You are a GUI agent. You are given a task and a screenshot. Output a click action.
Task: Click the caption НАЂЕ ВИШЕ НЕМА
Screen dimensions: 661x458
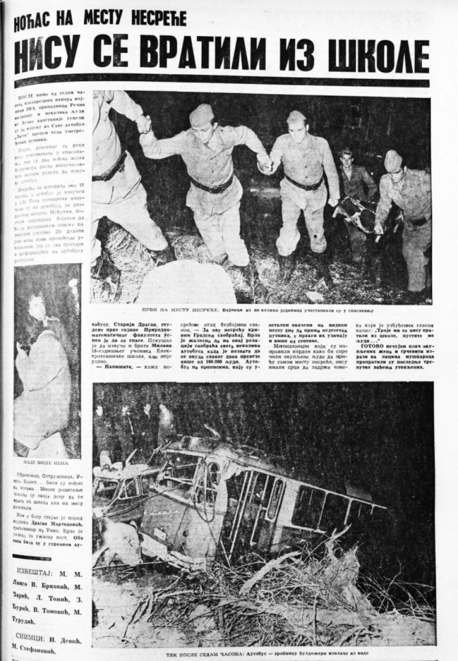[46, 463]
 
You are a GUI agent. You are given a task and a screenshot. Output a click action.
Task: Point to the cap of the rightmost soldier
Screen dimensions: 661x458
[392, 160]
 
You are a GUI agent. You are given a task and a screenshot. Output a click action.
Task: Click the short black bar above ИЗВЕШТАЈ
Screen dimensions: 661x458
[32, 557]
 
